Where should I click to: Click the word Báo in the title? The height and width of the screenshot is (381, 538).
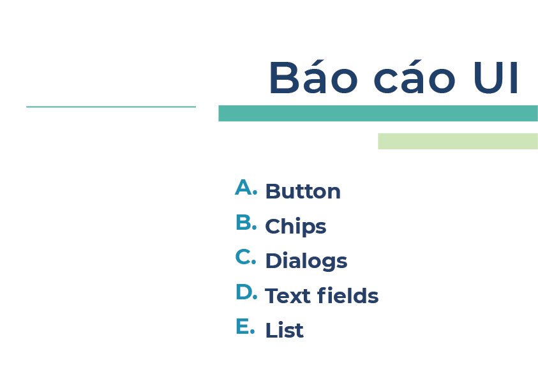point(313,77)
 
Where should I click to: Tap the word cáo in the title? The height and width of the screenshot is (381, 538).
point(414,77)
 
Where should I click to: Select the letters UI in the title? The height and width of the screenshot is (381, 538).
point(496,78)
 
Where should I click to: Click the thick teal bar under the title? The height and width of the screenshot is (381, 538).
point(378,113)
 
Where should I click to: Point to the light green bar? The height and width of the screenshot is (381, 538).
point(458,141)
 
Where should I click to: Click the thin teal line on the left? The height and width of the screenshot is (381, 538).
point(111,107)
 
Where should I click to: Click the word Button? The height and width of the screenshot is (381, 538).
point(303,191)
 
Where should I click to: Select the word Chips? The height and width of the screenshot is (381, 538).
point(295,227)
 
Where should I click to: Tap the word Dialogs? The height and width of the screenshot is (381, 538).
point(306,261)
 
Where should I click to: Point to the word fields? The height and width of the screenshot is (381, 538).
point(348,295)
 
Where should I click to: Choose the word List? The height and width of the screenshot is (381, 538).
point(285,330)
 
